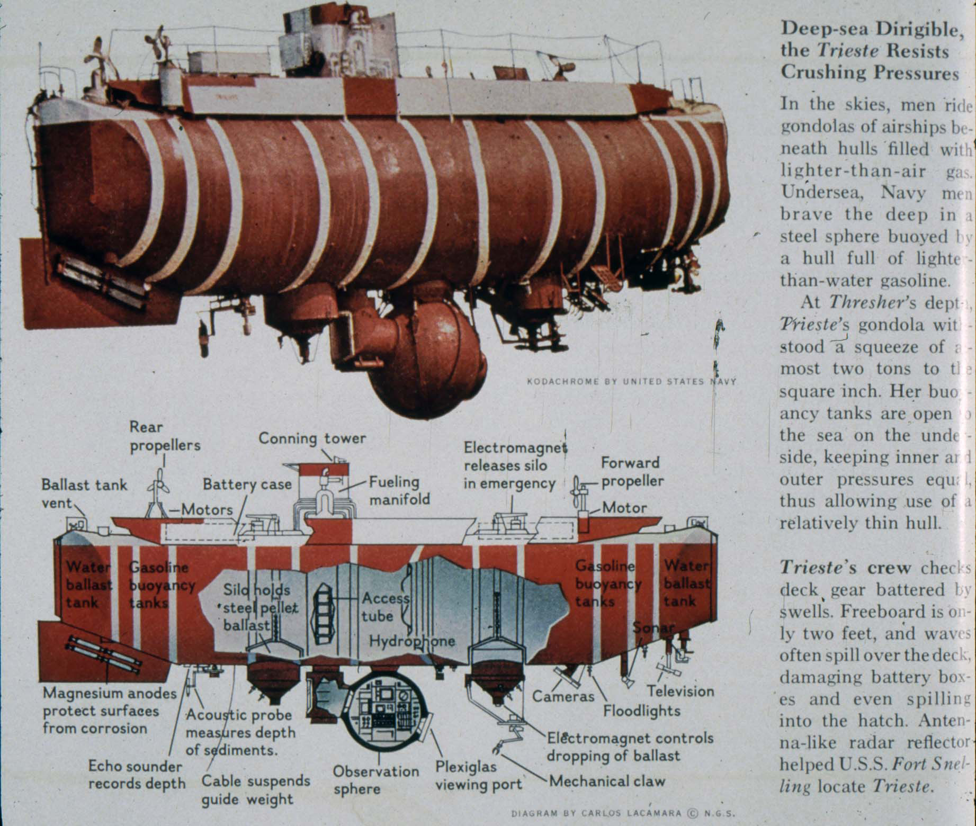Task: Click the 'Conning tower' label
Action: tap(312, 438)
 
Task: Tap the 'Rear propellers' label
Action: tap(165, 436)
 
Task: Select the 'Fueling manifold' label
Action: tap(399, 490)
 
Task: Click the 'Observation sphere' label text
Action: tap(375, 779)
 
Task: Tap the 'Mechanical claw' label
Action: tap(607, 781)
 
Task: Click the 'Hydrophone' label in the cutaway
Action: tap(411, 641)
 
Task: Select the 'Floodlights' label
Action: tap(641, 711)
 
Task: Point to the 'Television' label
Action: tap(680, 691)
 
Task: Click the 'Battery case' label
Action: tap(247, 484)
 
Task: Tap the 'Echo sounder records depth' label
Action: tap(136, 775)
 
